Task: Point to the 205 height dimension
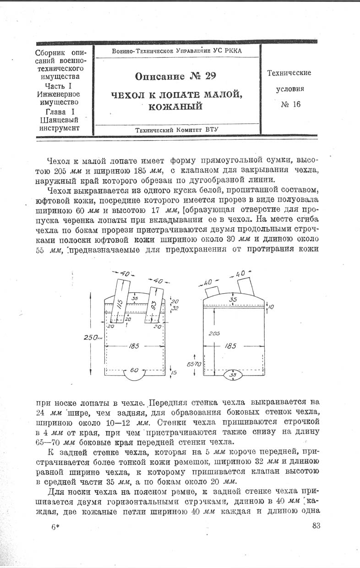[214, 334]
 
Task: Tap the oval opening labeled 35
[233, 375]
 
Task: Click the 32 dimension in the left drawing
[174, 308]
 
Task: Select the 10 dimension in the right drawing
[270, 307]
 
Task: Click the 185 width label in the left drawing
[134, 346]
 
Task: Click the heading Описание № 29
[176, 75]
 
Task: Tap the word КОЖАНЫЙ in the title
[176, 106]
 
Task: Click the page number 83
[316, 538]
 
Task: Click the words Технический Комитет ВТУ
[177, 130]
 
